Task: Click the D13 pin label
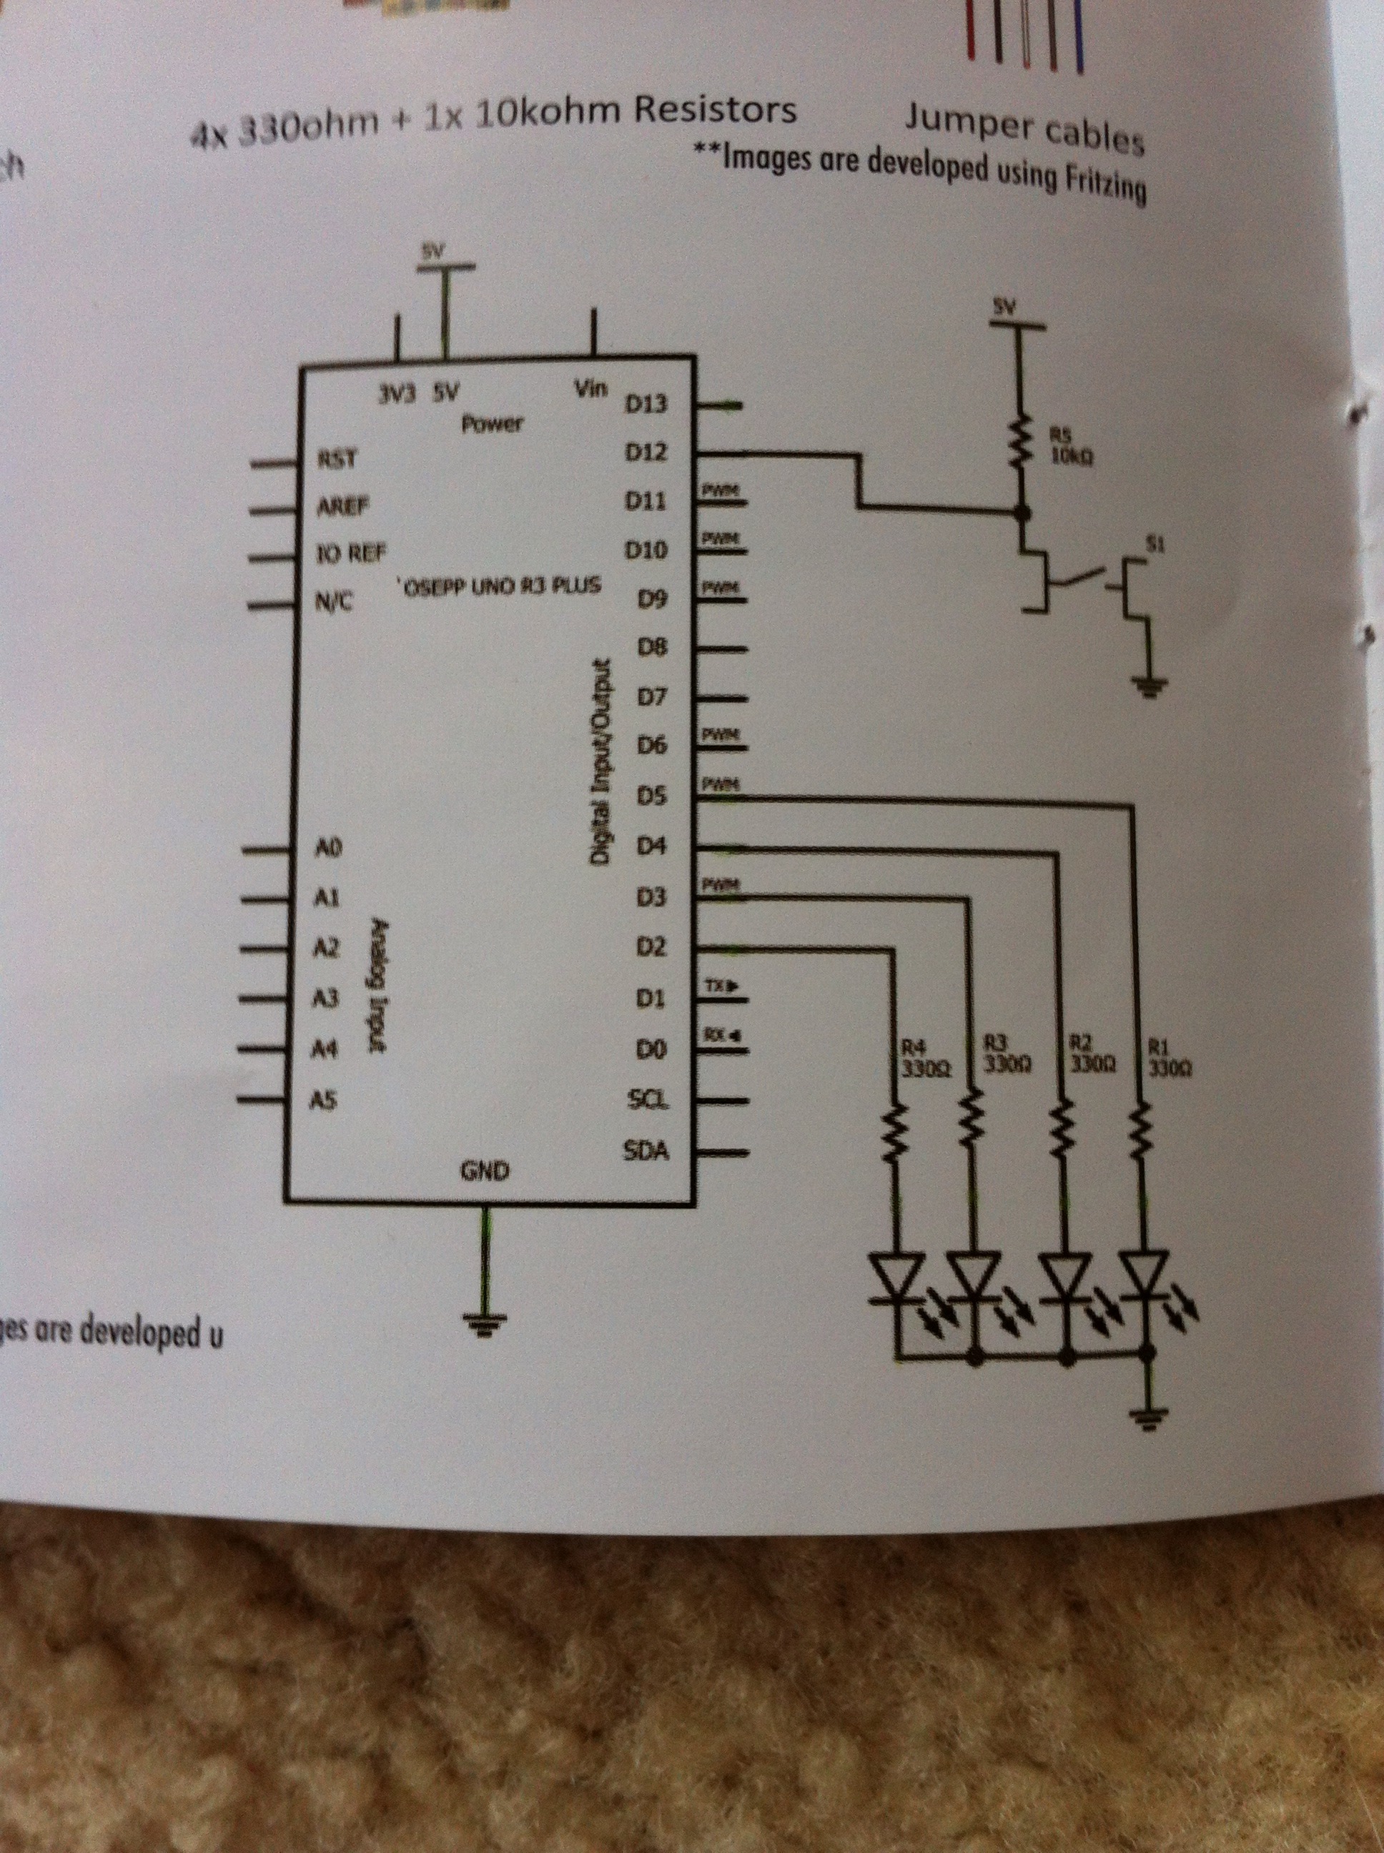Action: pyautogui.click(x=646, y=405)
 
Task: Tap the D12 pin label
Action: pyautogui.click(x=646, y=453)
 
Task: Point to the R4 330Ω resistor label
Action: pyautogui.click(x=924, y=1057)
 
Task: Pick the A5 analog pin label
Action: pyautogui.click(x=323, y=1102)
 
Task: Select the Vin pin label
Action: pyautogui.click(x=591, y=390)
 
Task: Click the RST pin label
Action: pyautogui.click(x=337, y=459)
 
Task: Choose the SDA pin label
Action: pyautogui.click(x=647, y=1152)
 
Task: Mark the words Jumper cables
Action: pyautogui.click(x=1024, y=131)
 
